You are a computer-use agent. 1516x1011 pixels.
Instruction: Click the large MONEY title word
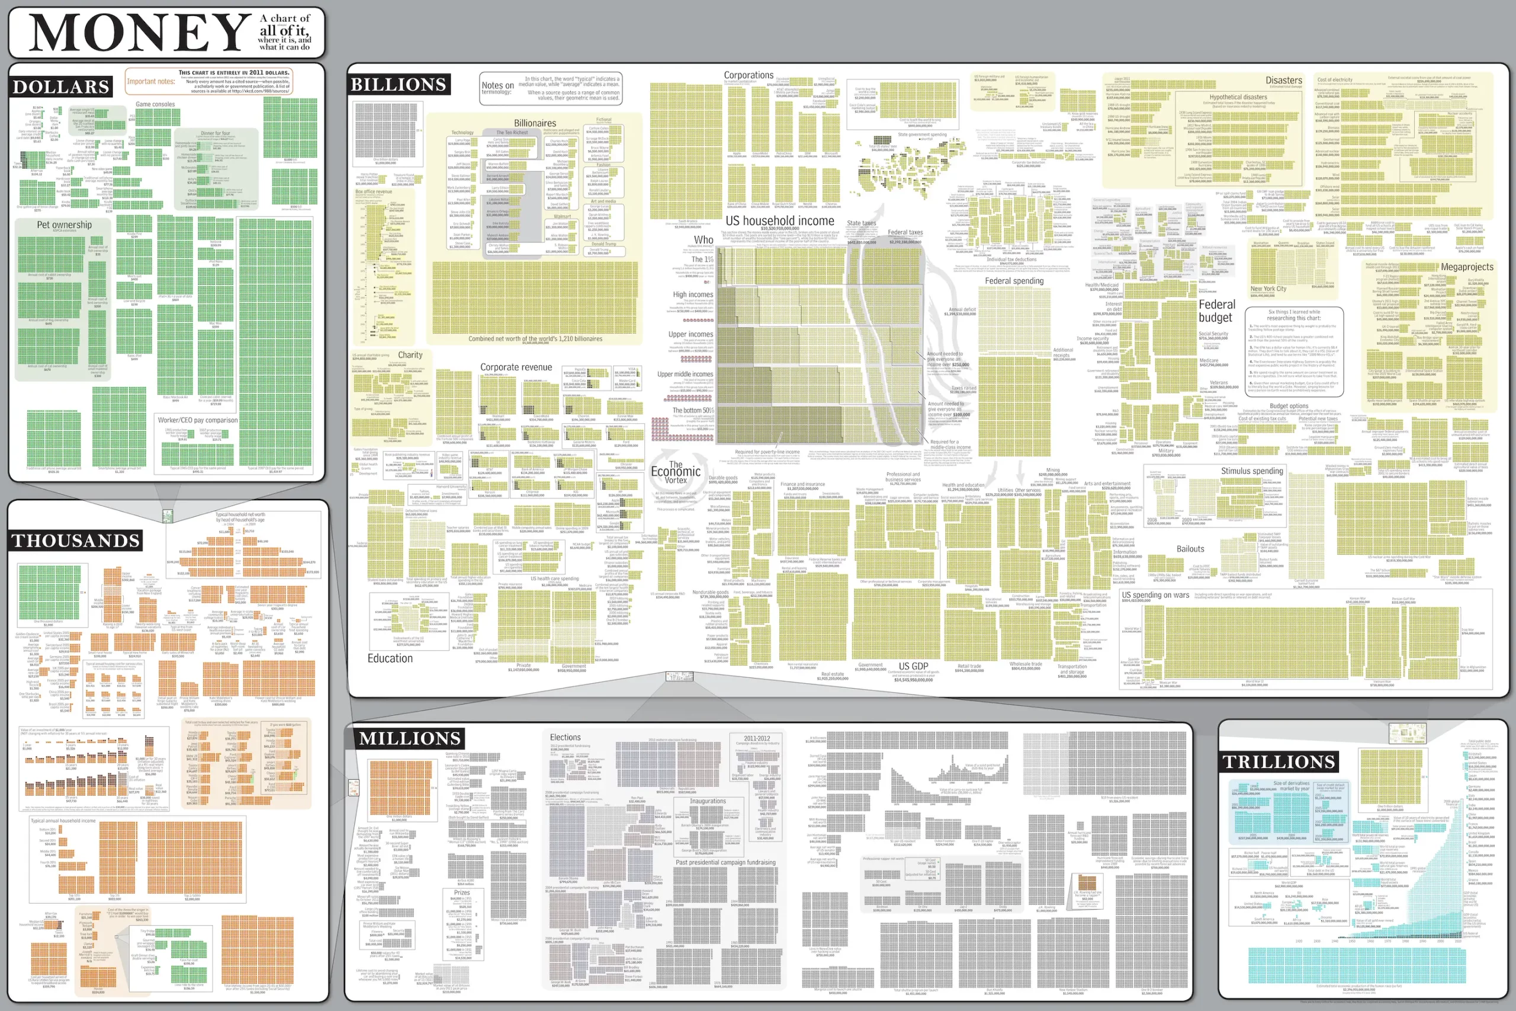[139, 32]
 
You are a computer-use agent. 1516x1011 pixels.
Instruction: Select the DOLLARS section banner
[61, 87]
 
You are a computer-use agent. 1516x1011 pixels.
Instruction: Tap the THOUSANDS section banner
[76, 540]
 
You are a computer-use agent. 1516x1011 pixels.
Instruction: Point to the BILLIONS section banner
[398, 85]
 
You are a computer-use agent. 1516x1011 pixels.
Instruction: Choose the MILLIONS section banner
[410, 738]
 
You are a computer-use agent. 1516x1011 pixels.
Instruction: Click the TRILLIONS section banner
[1279, 762]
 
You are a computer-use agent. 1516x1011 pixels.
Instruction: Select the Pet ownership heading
[65, 225]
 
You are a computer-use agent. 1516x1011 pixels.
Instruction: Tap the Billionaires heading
[535, 123]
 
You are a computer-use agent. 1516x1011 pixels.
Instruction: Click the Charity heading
[410, 355]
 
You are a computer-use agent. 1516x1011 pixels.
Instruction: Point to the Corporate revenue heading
[516, 367]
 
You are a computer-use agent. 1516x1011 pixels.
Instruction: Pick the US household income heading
[779, 220]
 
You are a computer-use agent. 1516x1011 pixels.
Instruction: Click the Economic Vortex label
[676, 472]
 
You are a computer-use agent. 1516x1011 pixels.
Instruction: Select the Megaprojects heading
[1466, 267]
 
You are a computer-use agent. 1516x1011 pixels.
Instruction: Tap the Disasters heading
[1283, 81]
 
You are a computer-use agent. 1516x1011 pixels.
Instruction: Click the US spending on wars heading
[1155, 595]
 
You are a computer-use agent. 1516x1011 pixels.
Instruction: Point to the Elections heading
[565, 737]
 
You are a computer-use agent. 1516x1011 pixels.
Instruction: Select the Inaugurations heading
[708, 801]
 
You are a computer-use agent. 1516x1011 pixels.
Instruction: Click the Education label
[390, 658]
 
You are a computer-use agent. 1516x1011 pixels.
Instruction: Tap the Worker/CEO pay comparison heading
[198, 420]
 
